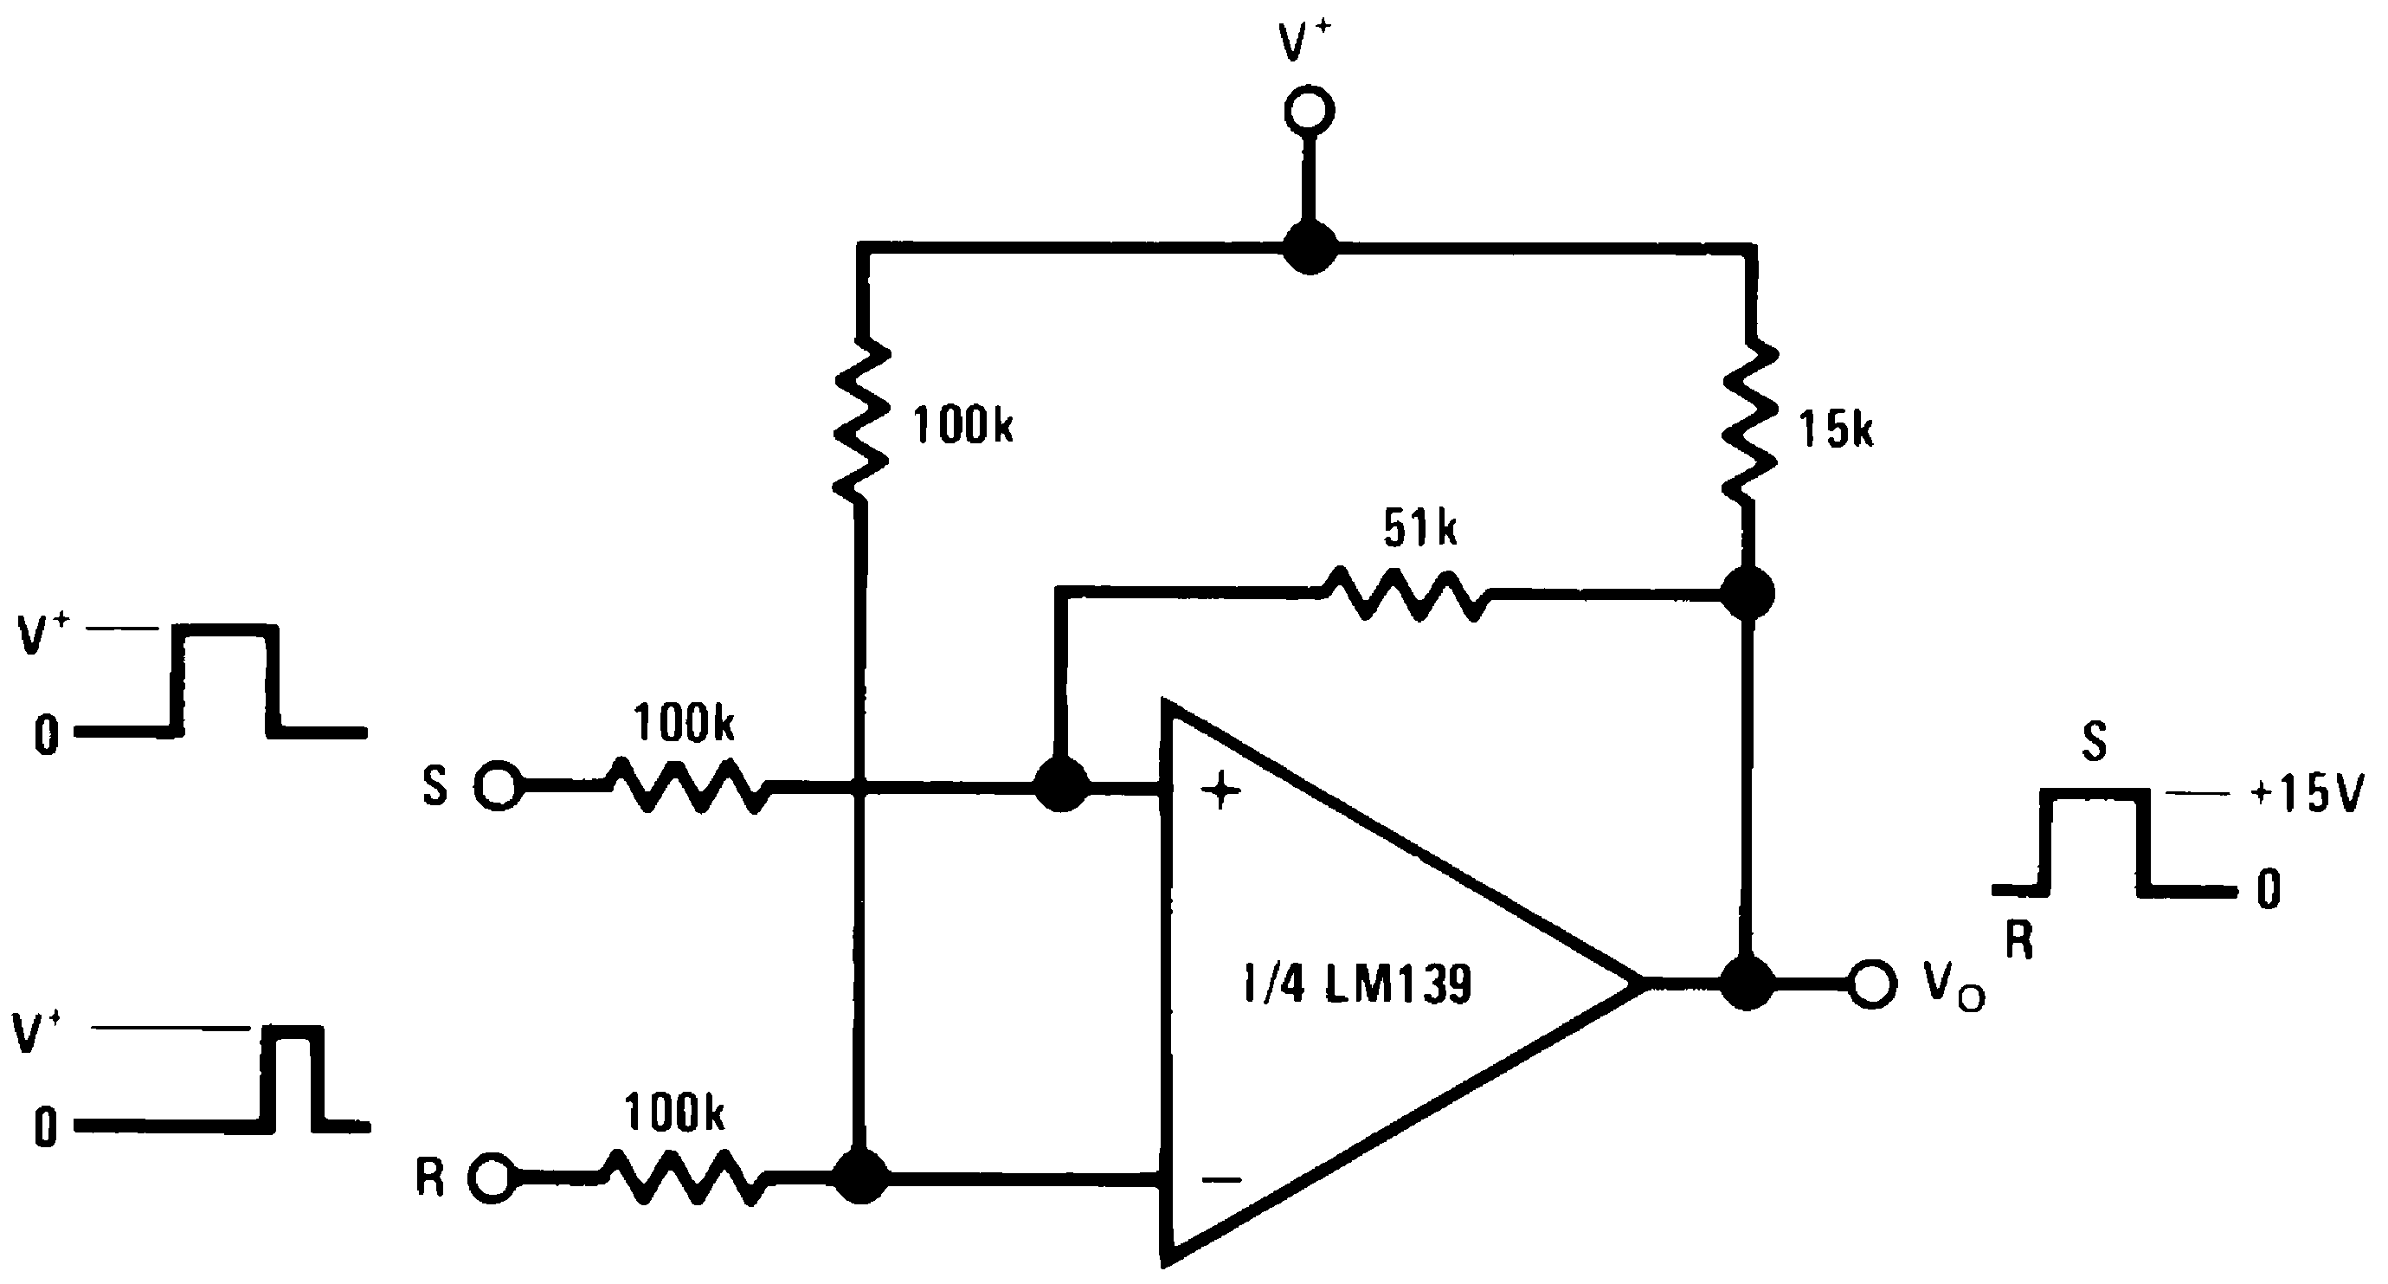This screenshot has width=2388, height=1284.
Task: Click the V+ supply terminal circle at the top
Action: click(x=1309, y=111)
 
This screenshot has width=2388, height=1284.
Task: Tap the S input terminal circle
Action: click(x=498, y=786)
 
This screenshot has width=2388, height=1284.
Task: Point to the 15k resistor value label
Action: click(x=1836, y=430)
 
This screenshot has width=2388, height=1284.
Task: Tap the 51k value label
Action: click(x=1419, y=528)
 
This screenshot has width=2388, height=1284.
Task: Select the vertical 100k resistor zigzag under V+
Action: click(x=862, y=422)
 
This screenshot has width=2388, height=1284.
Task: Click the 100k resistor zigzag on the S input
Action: click(x=687, y=786)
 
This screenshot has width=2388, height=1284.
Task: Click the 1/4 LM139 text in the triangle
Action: click(x=1357, y=984)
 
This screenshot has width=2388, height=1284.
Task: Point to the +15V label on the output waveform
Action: click(x=2308, y=795)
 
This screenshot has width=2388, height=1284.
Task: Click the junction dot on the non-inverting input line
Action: click(x=1060, y=786)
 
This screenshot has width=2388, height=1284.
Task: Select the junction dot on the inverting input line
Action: click(x=861, y=1178)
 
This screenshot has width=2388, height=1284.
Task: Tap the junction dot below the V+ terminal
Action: click(x=1309, y=248)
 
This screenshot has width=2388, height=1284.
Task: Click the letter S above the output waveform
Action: click(x=2093, y=742)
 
